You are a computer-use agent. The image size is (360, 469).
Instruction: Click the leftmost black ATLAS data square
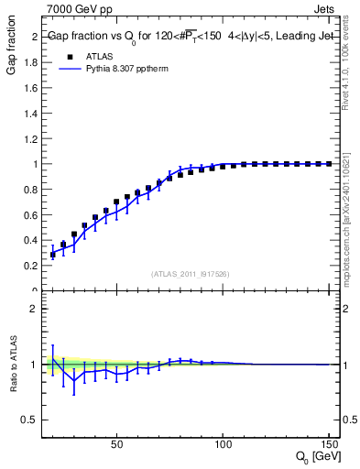click(x=52, y=255)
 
